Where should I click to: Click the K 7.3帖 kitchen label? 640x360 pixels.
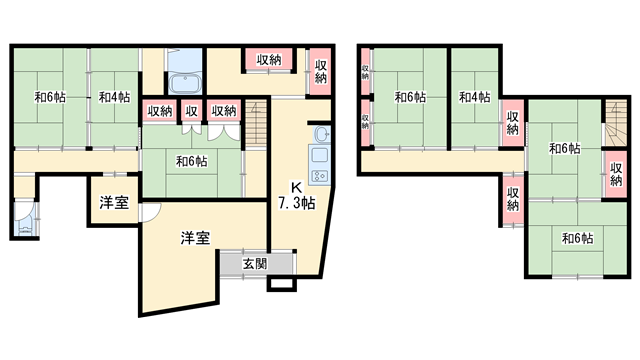point(296,194)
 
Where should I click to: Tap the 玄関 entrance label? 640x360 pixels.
point(254,264)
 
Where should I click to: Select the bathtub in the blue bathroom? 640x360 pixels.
point(185,86)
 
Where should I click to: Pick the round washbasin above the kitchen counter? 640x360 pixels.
point(322,136)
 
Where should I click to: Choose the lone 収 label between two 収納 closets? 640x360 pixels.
point(190,111)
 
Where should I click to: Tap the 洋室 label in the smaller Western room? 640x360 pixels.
point(112,203)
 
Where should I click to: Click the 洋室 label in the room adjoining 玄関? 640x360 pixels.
point(194,238)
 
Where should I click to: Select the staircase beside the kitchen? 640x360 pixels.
point(258,122)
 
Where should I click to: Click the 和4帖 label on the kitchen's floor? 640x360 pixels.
point(113,98)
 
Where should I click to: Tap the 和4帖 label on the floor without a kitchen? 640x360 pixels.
point(474,97)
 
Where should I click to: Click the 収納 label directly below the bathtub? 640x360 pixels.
point(160,111)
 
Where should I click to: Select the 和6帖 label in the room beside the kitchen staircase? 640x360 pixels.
point(191,160)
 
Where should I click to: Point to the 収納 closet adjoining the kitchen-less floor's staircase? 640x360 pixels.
point(616,167)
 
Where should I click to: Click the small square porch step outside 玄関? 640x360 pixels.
point(281,283)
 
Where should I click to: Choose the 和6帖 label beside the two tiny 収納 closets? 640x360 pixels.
point(408,97)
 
